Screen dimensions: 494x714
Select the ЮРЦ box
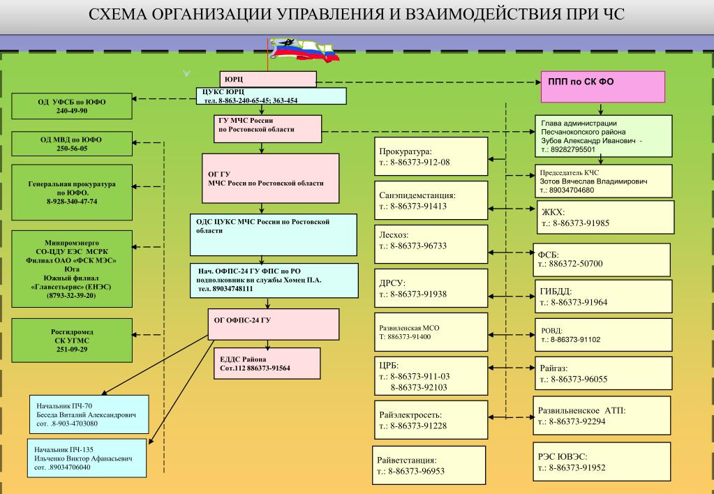[269, 78]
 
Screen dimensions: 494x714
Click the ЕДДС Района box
[267, 363]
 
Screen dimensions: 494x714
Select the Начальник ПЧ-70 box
[89, 414]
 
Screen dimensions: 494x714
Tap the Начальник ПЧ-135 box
[87, 458]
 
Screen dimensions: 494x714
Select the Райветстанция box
[429, 465]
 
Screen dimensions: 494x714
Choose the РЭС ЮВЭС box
[602, 461]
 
